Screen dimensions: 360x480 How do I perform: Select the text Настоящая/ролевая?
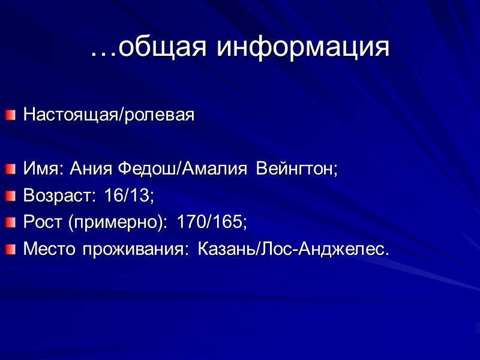click(x=109, y=115)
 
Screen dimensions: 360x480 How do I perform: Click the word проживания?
click(x=134, y=249)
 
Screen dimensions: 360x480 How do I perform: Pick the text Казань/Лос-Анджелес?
click(x=293, y=249)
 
